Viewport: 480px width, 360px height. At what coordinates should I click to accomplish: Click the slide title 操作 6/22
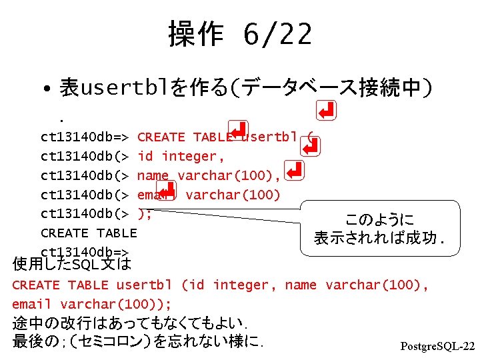pos(240,33)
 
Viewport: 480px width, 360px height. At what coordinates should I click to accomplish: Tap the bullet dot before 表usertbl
pos(43,89)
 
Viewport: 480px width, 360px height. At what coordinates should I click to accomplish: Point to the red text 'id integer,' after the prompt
pos(181,157)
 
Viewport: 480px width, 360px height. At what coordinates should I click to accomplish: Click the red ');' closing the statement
pos(145,213)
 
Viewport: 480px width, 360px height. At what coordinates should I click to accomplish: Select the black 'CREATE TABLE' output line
pos(88,233)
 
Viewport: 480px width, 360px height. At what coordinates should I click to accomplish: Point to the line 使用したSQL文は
pos(72,265)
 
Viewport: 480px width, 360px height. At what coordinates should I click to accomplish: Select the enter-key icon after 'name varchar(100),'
pos(294,171)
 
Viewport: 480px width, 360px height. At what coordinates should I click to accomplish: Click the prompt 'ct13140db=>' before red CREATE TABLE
pos(85,138)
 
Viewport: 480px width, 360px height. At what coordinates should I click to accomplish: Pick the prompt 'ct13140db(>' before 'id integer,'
pos(85,157)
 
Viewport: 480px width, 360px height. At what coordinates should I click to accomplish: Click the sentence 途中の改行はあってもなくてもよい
pos(131,324)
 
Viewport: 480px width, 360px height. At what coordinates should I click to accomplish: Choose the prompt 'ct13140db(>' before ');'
pos(85,213)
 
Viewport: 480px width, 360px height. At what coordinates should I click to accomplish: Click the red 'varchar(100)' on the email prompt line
pos(233,195)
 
